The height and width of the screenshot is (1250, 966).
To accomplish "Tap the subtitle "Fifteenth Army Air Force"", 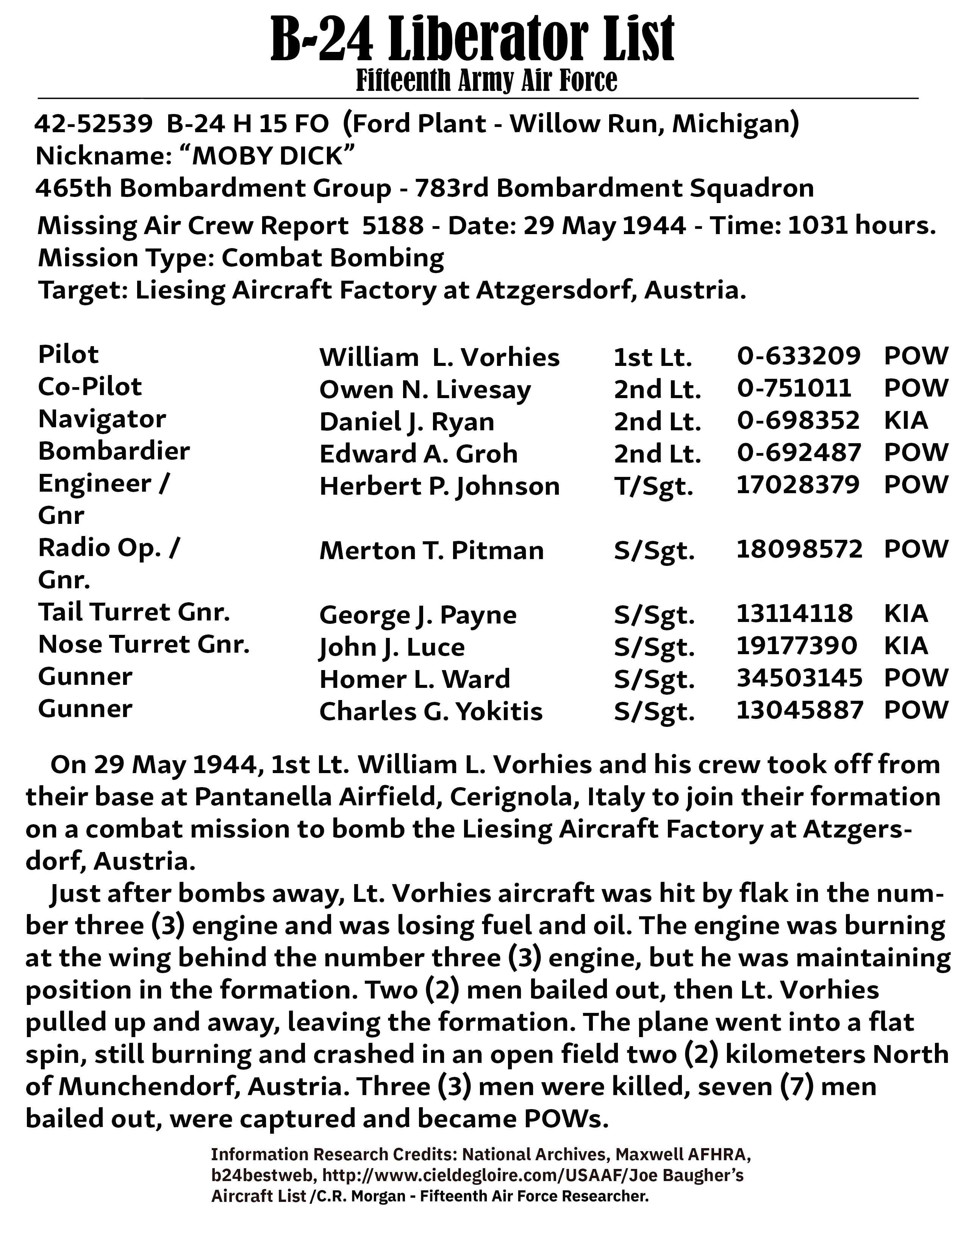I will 486,80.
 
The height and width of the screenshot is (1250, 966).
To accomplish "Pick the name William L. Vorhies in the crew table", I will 439,358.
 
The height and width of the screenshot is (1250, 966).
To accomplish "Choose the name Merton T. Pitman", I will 431,551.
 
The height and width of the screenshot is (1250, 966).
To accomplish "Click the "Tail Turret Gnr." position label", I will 134,612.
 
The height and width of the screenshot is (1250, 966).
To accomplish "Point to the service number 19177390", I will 796,645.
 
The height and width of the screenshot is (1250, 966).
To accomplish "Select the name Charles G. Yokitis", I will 430,711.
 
